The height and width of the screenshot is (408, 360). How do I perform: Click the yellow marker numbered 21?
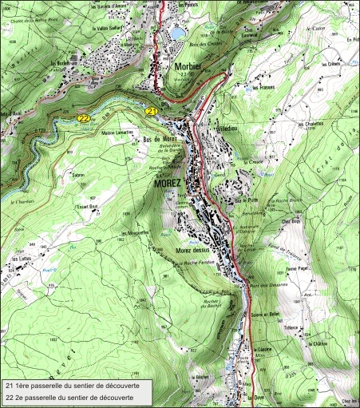click(151, 113)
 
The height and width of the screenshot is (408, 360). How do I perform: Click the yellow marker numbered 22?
click(83, 118)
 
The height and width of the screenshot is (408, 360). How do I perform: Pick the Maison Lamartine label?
click(117, 133)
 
